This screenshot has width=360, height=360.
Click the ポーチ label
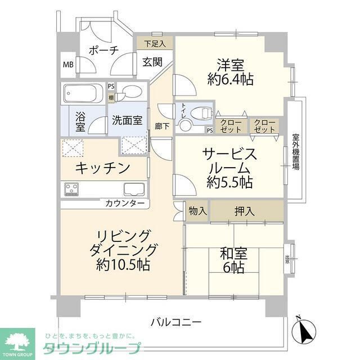click(103, 51)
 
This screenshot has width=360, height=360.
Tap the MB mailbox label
click(68, 64)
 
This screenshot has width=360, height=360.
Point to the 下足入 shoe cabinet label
click(154, 43)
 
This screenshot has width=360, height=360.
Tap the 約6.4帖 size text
click(229, 79)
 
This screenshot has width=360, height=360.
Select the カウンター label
click(125, 203)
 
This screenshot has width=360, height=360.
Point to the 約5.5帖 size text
click(229, 182)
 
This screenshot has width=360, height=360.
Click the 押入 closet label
click(244, 211)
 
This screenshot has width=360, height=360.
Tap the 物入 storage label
click(197, 211)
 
